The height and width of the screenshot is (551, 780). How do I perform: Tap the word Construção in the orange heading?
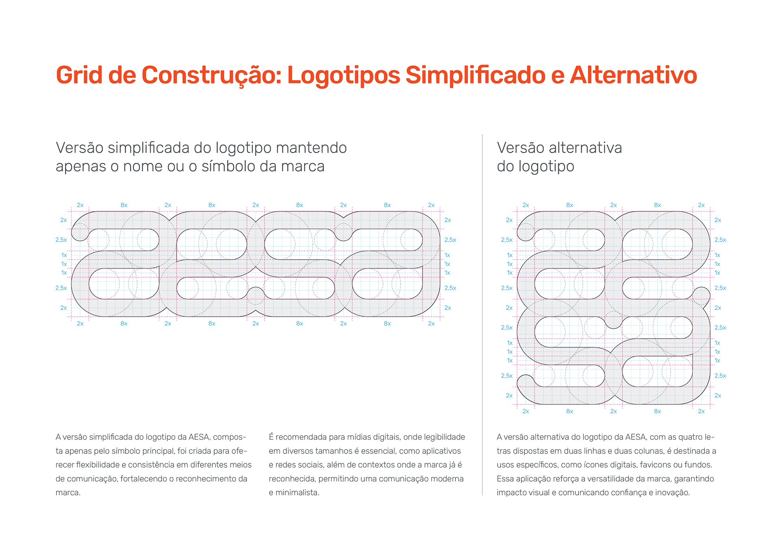[211, 76]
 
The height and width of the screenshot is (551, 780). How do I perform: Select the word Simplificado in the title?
[475, 76]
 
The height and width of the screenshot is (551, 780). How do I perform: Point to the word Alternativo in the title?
[633, 76]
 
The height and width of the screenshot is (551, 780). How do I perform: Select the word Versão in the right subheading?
[520, 148]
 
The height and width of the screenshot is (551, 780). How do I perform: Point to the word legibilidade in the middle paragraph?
[444, 437]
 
